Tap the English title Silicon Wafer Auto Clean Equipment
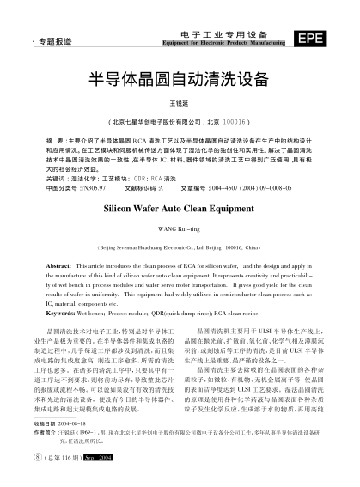(x=179, y=207)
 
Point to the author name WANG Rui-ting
(x=179, y=228)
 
